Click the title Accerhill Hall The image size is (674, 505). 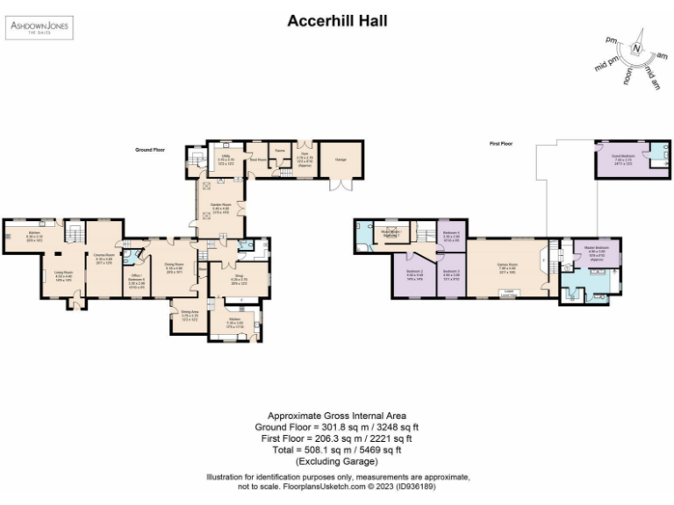[x=337, y=20]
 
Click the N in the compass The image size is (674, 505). [x=638, y=47]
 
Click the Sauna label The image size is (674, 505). [x=281, y=151]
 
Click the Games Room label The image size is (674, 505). [x=507, y=264]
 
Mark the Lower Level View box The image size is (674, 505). [x=509, y=292]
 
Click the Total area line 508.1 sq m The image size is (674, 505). [x=337, y=450]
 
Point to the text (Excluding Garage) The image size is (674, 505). [x=337, y=461]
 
